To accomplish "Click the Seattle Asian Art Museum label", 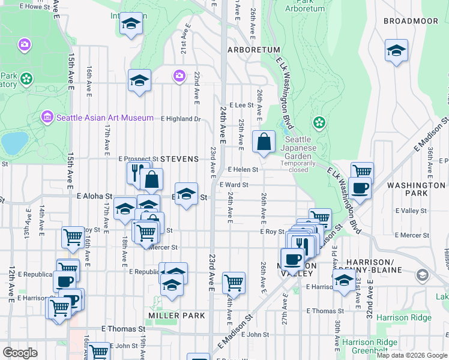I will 104,118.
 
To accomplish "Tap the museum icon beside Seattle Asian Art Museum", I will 47,116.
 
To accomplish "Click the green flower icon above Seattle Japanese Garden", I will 319,123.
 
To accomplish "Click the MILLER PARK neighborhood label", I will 177,315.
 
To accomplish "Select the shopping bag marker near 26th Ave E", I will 264,142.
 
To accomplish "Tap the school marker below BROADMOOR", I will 396,51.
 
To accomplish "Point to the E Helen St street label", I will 243,169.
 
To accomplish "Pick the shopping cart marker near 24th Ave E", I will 233,282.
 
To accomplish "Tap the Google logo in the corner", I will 20,353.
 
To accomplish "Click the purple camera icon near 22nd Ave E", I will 179,76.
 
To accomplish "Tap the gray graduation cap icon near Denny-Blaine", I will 423,275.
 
